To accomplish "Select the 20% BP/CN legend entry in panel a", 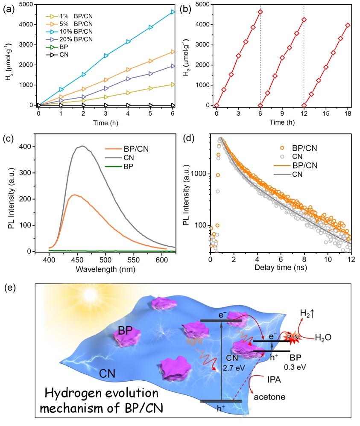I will (68, 38).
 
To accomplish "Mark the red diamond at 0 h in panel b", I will (217, 105).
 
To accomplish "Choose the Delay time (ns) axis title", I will (280, 269).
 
